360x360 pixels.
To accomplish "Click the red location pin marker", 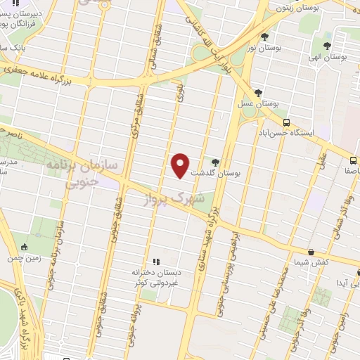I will click(181, 165).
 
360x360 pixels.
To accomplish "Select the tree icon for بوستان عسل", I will click(259, 92).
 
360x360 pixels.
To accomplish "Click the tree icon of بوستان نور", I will click(264, 37).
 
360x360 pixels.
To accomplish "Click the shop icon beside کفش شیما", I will click(311, 251).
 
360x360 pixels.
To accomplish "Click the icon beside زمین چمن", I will click(25, 247).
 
